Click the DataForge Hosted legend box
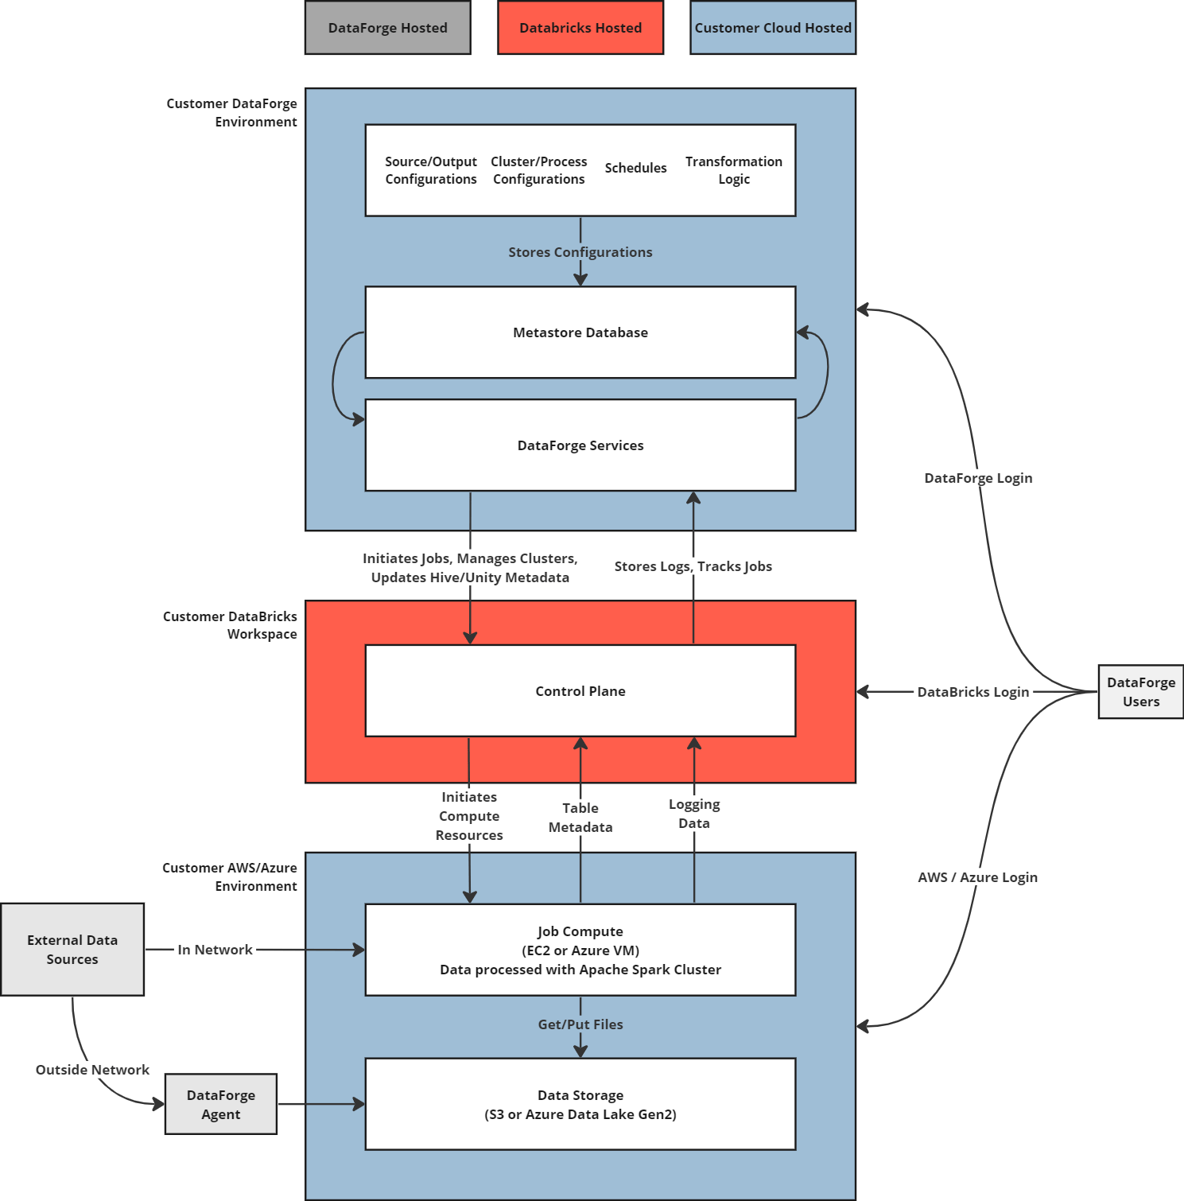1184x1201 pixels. coord(387,28)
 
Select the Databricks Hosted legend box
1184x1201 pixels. coord(580,28)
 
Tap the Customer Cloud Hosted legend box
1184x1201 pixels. coord(773,28)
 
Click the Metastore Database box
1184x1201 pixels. coord(580,332)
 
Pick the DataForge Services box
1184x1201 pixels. coord(580,445)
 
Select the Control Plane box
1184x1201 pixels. coord(580,691)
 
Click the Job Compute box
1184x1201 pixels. coord(580,950)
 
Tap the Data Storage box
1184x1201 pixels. coord(580,1104)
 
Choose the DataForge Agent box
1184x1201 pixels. coord(221,1104)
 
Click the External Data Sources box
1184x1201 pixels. coord(72,949)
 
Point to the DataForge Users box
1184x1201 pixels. coord(1140,692)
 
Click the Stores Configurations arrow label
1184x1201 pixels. coord(580,252)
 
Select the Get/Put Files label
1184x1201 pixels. coord(580,1024)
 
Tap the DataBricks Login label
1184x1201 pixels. coord(972,692)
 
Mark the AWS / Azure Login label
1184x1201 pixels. coord(977,877)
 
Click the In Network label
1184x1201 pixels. coord(215,950)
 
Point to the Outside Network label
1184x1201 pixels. coord(92,1070)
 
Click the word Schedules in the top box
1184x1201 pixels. coord(635,168)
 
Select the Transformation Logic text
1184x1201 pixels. coord(733,170)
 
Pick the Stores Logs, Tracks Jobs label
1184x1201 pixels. coord(693,566)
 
